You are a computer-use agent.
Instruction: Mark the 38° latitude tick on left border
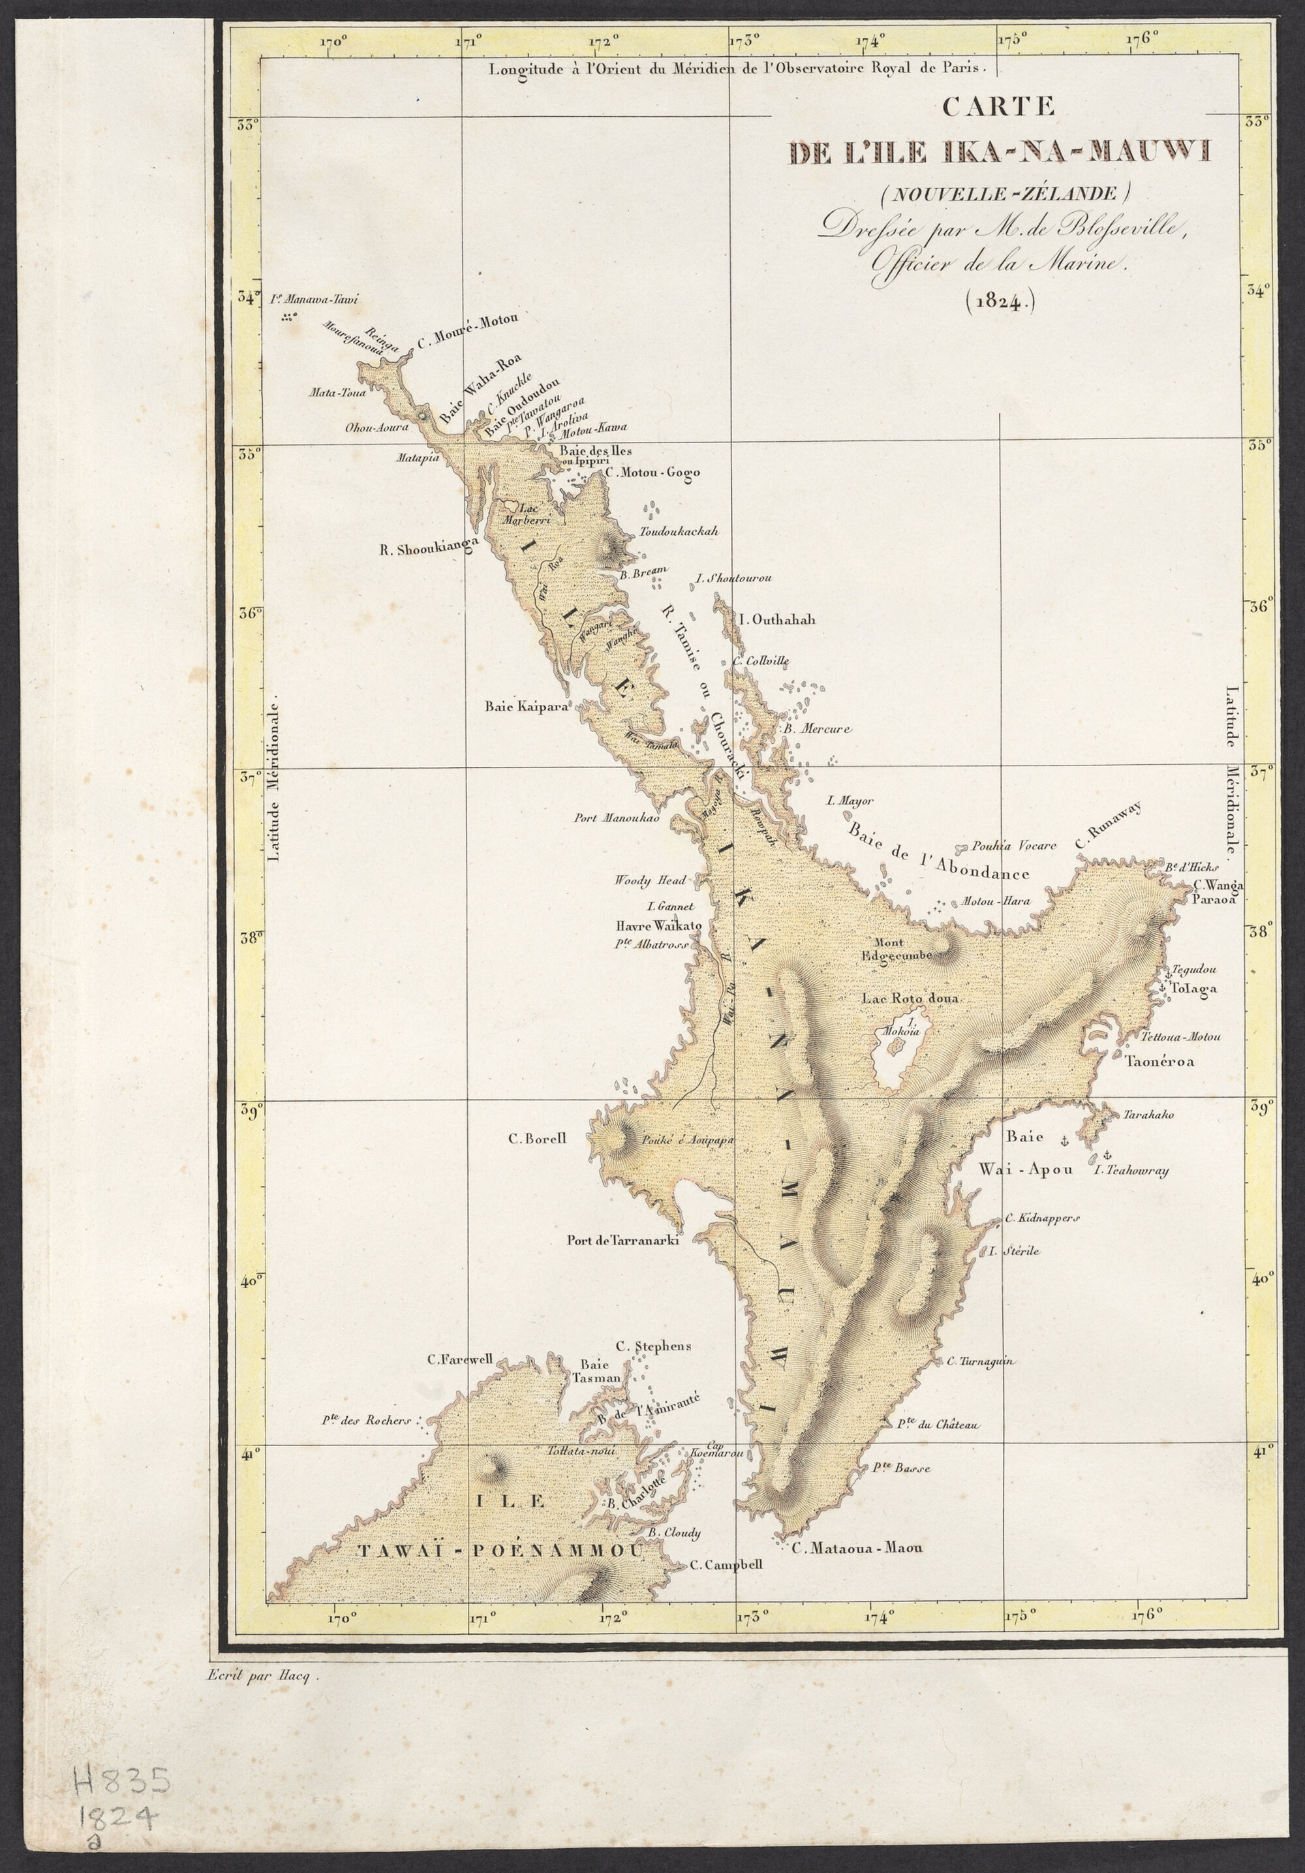pos(249,936)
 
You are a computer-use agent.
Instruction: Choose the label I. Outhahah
pos(776,620)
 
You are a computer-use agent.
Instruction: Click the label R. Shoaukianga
pos(428,549)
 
